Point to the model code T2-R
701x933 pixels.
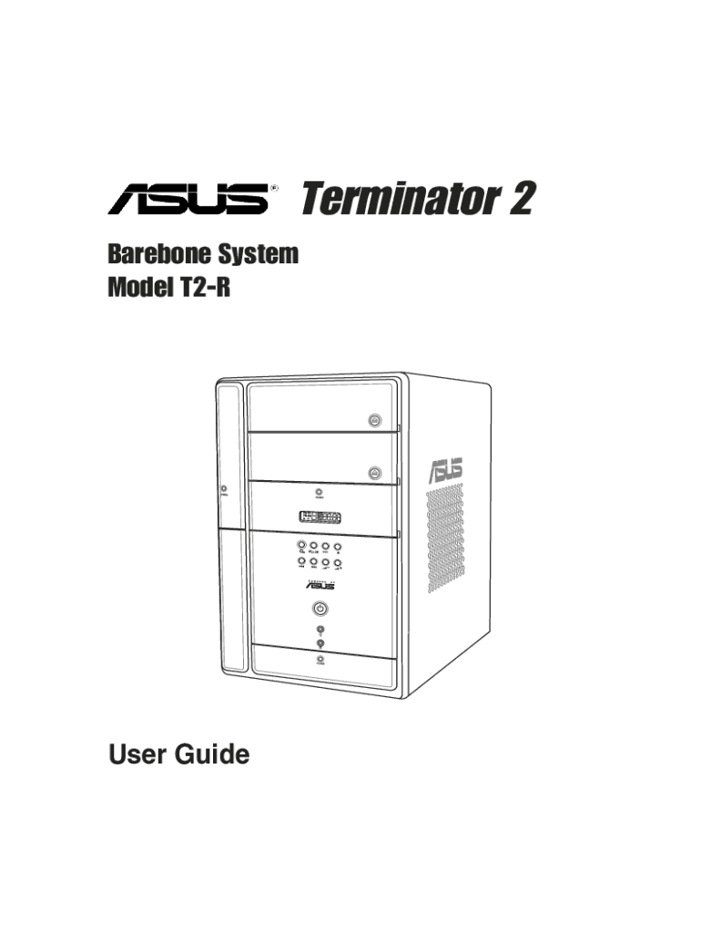click(207, 289)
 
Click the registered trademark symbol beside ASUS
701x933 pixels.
click(273, 189)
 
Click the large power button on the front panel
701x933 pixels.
click(320, 610)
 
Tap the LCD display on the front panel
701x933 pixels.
click(320, 518)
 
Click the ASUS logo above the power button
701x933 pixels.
click(320, 586)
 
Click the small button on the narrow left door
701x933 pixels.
click(224, 490)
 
